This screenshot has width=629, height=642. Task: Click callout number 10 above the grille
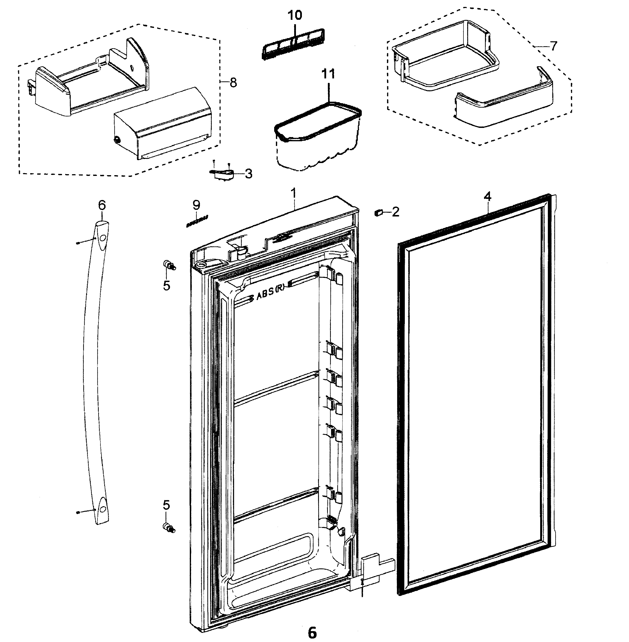click(295, 15)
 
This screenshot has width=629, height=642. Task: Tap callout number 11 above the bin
click(328, 74)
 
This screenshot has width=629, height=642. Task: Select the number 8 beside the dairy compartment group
click(233, 83)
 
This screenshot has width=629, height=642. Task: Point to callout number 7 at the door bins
click(553, 46)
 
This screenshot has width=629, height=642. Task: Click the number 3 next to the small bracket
click(248, 174)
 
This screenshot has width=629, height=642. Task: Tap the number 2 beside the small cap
click(395, 212)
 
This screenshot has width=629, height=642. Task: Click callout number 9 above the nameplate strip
click(196, 205)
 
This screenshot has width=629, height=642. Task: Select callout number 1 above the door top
click(293, 193)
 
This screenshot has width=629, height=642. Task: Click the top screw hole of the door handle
click(102, 238)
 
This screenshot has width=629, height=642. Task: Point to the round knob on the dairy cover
click(116, 140)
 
